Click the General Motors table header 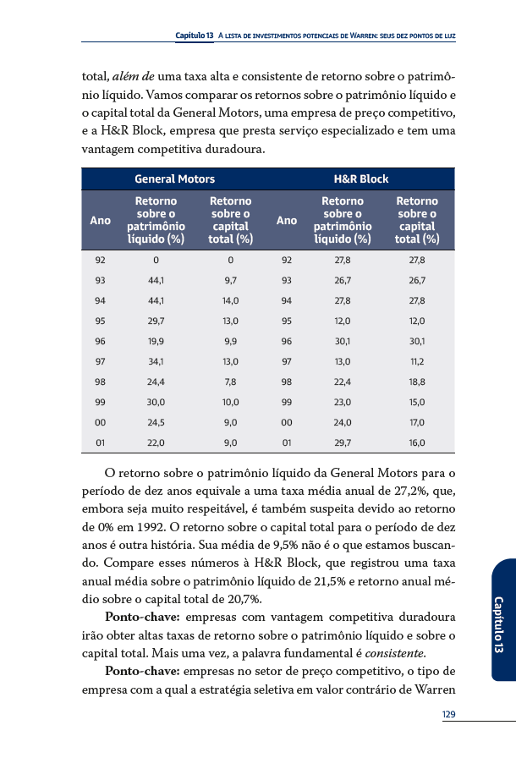pos(174,179)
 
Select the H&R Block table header pos(361,179)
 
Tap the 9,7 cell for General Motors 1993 pos(230,280)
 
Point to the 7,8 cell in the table pos(230,382)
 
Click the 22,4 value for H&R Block pos(343,382)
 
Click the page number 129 pos(448,715)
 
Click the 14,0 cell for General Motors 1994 pos(230,300)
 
